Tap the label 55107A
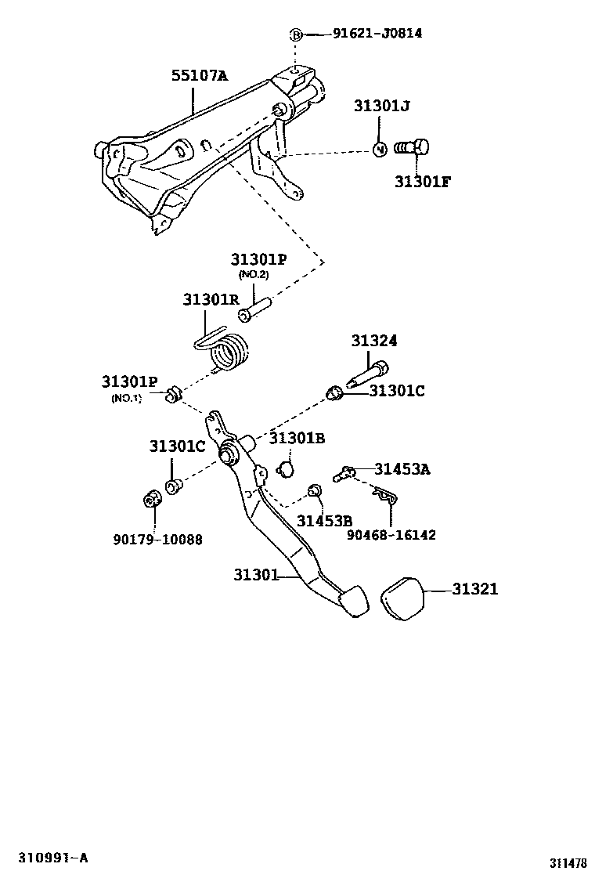[200, 76]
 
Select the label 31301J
[381, 107]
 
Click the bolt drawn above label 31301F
[412, 147]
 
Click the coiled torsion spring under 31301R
[232, 352]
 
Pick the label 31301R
[211, 299]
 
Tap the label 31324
[373, 341]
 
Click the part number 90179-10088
[156, 539]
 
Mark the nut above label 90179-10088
[153, 497]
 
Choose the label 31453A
[402, 469]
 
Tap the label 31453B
[324, 521]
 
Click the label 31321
[474, 589]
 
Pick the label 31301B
[297, 438]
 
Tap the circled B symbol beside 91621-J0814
[296, 34]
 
